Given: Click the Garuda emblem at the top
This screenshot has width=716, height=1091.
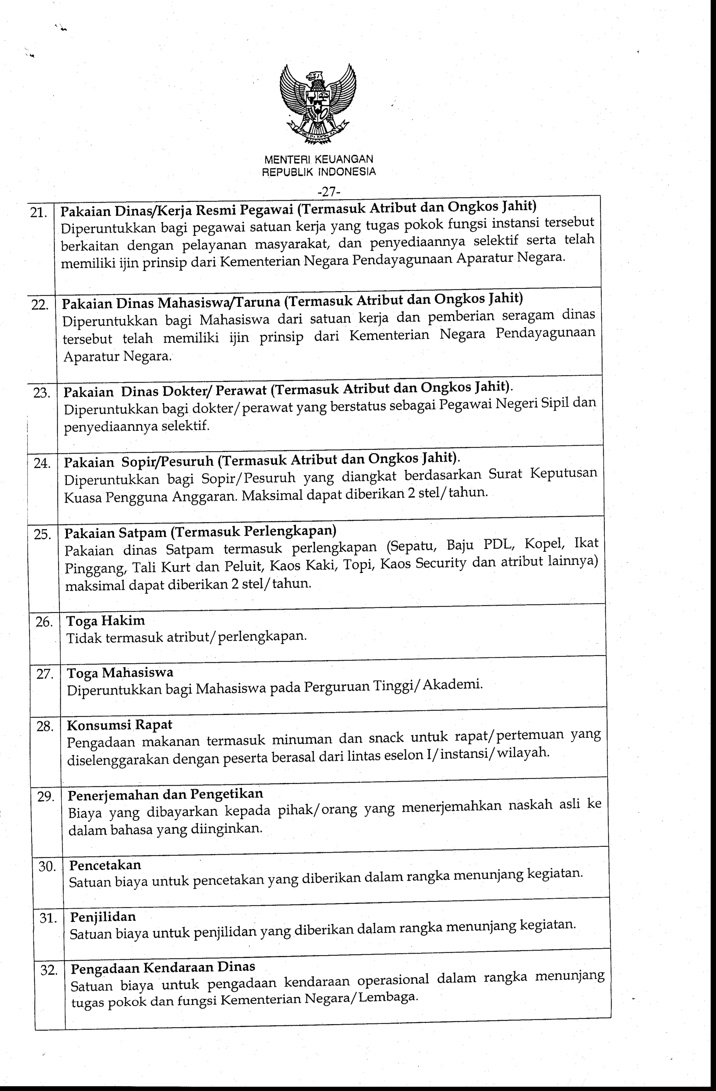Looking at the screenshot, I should tap(318, 106).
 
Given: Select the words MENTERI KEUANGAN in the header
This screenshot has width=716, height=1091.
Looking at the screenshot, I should tap(318, 159).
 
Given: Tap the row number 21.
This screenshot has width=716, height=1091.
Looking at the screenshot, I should tap(38, 213).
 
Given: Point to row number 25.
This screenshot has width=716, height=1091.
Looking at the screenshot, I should tap(43, 535).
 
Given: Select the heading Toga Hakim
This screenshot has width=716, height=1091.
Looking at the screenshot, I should tap(106, 621).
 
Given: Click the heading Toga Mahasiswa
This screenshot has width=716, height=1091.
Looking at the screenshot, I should tap(120, 672).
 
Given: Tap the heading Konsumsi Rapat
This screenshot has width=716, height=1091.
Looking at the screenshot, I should tap(120, 725).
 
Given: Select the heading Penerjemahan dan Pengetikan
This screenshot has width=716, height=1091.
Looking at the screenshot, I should tap(166, 794).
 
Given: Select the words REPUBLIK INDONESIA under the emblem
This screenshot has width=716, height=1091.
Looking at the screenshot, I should tap(318, 172).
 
